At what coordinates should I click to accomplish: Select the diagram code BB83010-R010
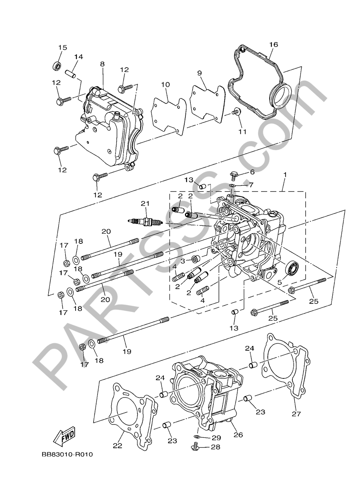(x=67, y=455)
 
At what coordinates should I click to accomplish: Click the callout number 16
(x=274, y=44)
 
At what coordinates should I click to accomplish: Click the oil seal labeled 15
(x=57, y=66)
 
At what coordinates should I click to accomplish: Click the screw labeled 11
(x=236, y=113)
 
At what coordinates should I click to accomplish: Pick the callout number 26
(x=238, y=435)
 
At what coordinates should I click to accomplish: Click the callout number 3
(x=183, y=260)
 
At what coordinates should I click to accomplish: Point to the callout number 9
(x=199, y=73)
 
